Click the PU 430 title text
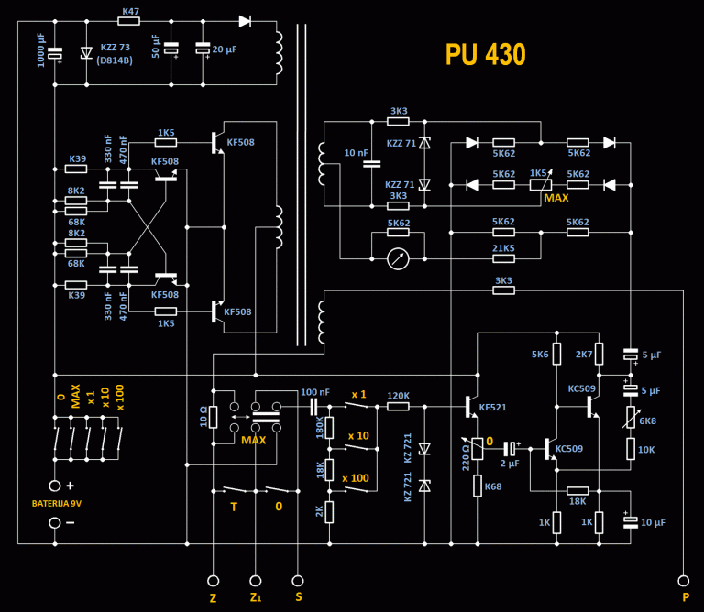485,55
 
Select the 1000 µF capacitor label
40,49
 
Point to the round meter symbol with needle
397,258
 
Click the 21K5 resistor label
503,248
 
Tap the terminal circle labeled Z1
256,580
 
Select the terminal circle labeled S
297,580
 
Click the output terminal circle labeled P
683,580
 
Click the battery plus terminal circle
54,486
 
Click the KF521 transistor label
492,406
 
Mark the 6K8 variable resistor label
647,420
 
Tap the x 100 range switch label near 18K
357,478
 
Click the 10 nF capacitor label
356,153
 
